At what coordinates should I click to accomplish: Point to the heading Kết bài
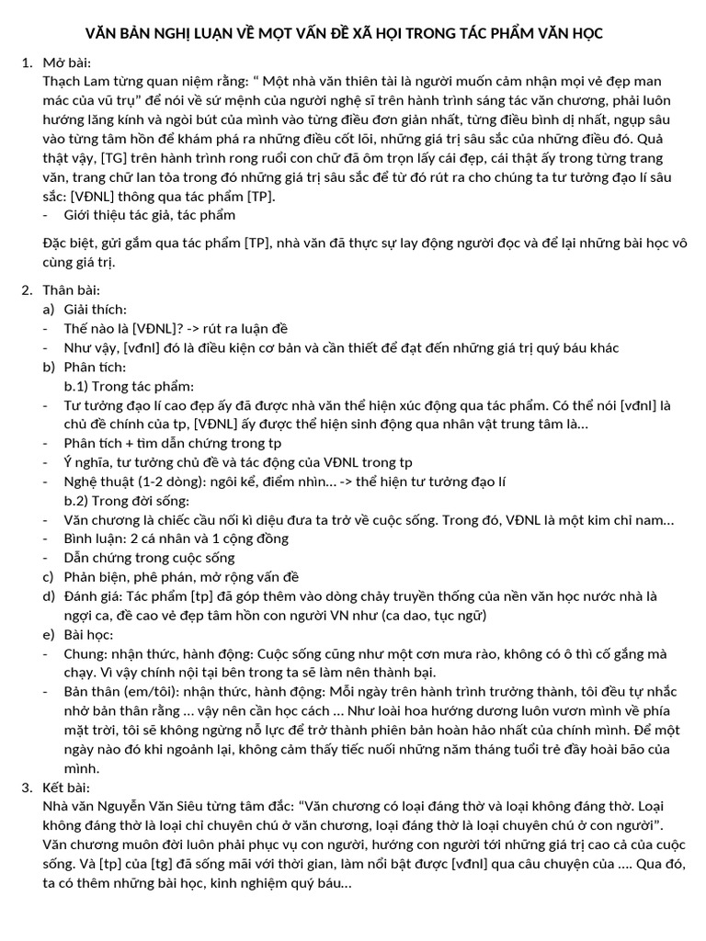[x=64, y=788]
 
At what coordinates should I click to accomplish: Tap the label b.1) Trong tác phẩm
[x=129, y=386]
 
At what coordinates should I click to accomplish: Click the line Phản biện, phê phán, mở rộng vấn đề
[x=182, y=577]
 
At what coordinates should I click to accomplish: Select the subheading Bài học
[x=89, y=635]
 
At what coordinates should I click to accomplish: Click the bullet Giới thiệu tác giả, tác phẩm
[x=149, y=215]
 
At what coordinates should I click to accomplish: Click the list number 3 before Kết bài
[x=25, y=788]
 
